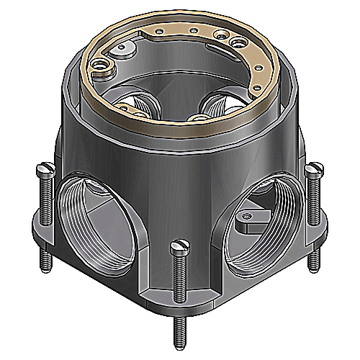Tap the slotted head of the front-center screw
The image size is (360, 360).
178,247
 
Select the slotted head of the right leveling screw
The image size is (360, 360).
312,170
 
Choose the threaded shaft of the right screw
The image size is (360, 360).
312,209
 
